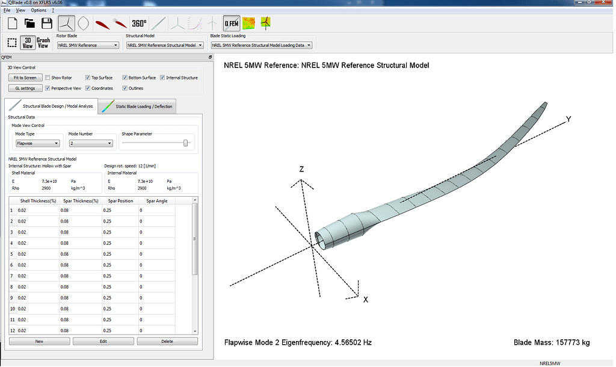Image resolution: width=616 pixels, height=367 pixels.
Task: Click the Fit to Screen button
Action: tap(25, 78)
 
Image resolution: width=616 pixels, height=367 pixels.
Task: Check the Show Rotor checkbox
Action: tap(48, 78)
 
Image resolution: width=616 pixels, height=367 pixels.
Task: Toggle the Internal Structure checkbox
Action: tap(162, 78)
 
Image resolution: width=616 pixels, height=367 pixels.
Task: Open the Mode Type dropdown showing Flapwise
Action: tap(37, 143)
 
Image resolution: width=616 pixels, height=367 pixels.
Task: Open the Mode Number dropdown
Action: tap(90, 143)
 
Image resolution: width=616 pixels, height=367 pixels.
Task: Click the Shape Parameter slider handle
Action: tap(186, 143)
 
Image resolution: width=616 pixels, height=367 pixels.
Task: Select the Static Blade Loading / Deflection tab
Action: tap(139, 106)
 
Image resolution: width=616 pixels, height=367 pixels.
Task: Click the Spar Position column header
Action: tap(120, 200)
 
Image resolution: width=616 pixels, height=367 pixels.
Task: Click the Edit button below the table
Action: tap(103, 341)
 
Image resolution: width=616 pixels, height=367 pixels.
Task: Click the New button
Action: tap(39, 341)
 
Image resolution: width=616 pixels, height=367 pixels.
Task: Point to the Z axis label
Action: tap(301, 170)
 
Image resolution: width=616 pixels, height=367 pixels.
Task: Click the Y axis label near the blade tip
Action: tap(568, 119)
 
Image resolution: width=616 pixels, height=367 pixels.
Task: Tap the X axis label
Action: tap(365, 299)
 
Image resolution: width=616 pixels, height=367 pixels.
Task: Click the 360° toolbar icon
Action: tap(139, 23)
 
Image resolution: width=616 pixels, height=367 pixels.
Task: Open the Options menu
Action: tap(38, 10)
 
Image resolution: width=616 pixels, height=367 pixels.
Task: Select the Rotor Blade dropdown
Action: tap(88, 45)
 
